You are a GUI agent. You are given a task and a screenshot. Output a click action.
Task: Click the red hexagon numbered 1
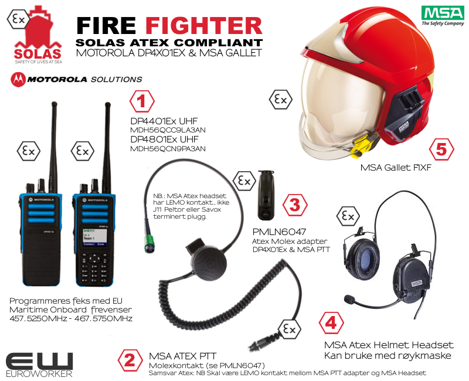141,101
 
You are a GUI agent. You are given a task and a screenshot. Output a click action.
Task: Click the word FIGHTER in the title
203,25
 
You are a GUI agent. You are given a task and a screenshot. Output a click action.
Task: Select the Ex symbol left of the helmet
280,100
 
